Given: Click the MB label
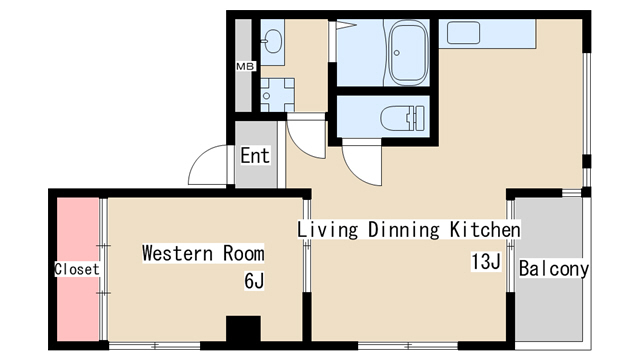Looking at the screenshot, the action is pos(245,66).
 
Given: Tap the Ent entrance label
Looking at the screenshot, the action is pos(255,156).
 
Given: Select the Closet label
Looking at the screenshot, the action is pos(77,269).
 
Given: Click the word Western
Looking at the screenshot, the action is pos(178,253).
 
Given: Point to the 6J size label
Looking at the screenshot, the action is pos(254,281).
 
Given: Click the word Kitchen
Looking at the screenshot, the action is pos(485,229).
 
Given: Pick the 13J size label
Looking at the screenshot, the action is pos(486,262).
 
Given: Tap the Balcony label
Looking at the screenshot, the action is pos(554,269).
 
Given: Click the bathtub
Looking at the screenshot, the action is pos(409,52).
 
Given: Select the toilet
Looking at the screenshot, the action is pos(402,118).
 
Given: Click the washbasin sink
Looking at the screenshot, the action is pos(272,42).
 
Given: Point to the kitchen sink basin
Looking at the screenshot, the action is pos(463,33).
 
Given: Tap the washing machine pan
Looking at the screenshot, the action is pos(278,95).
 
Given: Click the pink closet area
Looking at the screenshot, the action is pos(78,269).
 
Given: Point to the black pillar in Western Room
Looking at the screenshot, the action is pos(243,329).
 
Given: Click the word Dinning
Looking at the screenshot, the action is pos(404,230).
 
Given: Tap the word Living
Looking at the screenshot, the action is pos(328,230).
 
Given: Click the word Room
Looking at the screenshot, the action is pos(244,253).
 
